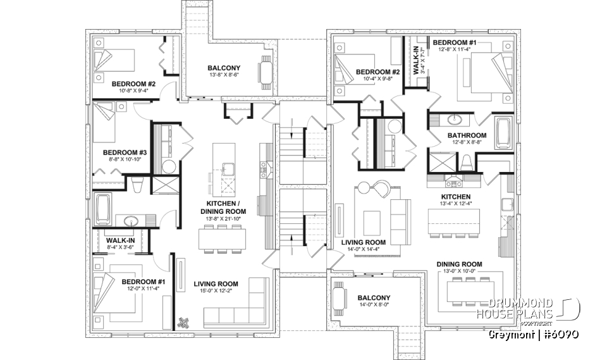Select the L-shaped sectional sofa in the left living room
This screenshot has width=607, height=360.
point(237,305)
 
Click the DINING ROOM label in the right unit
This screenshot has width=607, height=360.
point(459,264)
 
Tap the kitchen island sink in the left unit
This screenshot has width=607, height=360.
point(227,169)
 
